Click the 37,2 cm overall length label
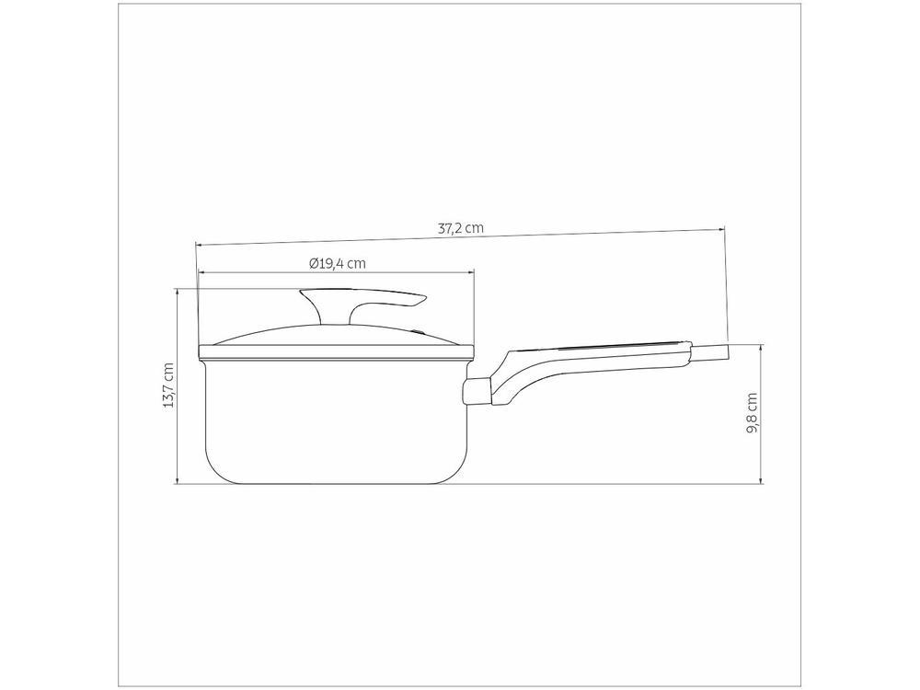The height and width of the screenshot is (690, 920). [x=461, y=229]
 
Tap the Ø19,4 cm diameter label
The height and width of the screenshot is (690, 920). [x=338, y=263]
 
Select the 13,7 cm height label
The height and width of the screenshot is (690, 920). [x=167, y=386]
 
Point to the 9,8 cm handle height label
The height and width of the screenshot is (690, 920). [x=753, y=414]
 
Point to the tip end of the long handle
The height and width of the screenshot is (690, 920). [x=719, y=351]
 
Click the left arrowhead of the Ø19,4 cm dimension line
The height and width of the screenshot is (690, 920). [x=201, y=272]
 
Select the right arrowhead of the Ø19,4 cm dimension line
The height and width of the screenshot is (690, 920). [x=471, y=272]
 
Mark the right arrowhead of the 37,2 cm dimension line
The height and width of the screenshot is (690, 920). [x=722, y=226]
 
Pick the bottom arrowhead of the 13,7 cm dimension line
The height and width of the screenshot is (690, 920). [x=178, y=481]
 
